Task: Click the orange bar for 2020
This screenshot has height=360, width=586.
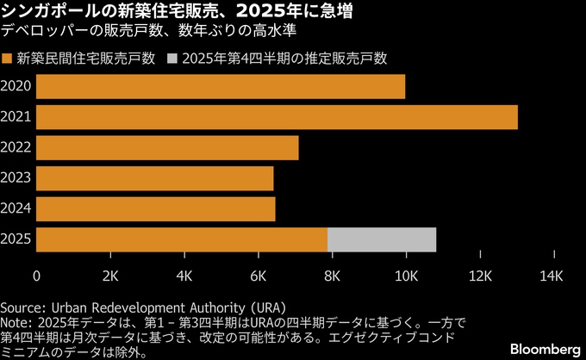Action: click(221, 86)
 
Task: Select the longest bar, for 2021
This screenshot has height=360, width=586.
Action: click(277, 117)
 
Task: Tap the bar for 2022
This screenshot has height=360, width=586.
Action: click(167, 148)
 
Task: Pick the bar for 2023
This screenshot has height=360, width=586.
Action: click(155, 178)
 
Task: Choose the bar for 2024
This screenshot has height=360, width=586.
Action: click(156, 209)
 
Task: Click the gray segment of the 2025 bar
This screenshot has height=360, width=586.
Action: click(382, 239)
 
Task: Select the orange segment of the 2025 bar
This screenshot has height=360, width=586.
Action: click(182, 239)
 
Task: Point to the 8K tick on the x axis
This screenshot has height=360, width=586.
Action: click(332, 276)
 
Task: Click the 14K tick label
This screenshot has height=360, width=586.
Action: click(551, 276)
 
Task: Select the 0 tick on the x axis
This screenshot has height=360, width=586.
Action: click(37, 276)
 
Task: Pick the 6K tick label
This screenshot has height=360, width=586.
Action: click(258, 276)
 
